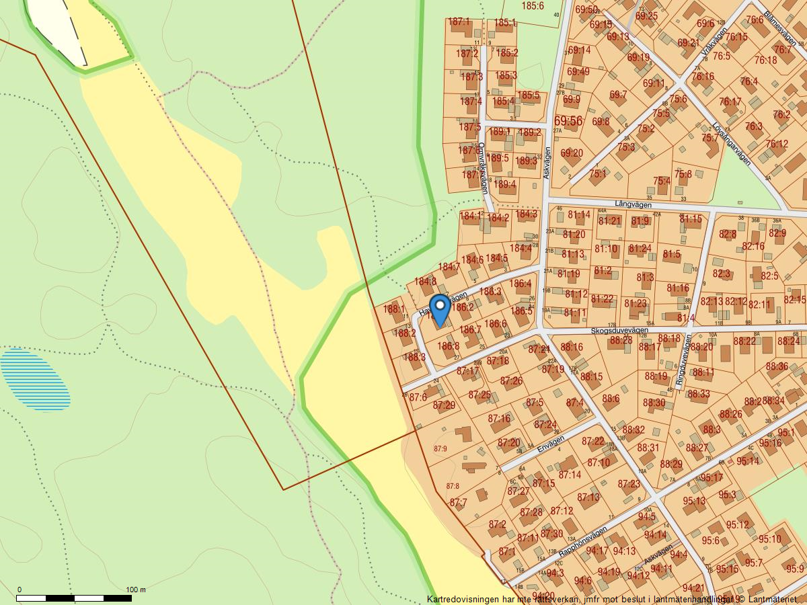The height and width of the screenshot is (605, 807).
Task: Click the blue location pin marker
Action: click(440, 310)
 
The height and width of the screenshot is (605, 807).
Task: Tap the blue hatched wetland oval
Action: click(35, 380)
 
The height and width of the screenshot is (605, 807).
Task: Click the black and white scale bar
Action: click(73, 598)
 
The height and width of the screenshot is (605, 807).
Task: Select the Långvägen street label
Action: click(633, 203)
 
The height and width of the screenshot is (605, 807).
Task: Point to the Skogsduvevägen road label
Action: click(619, 331)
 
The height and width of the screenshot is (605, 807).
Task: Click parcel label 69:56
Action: click(568, 121)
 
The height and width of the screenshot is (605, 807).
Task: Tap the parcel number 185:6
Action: click(532, 6)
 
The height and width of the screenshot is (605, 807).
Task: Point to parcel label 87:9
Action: click(440, 448)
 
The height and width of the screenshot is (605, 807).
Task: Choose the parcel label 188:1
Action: click(395, 310)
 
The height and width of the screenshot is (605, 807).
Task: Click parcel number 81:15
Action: click(690, 218)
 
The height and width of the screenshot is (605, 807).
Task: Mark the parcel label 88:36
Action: click(776, 366)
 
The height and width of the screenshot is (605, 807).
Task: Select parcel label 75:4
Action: click(662, 181)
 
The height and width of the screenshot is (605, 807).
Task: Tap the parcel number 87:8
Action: click(453, 486)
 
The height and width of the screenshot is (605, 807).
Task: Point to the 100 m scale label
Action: click(136, 590)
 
